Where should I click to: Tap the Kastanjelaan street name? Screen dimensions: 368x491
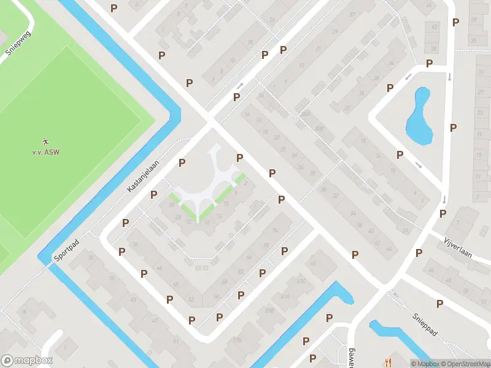(142, 176)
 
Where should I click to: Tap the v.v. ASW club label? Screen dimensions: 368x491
(47, 152)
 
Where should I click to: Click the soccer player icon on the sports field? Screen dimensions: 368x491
(47, 142)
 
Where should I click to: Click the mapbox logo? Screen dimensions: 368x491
(26, 361)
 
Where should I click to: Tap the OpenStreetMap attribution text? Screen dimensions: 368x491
(467, 364)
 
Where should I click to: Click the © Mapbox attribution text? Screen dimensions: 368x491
(426, 364)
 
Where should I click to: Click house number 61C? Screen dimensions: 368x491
(301, 282)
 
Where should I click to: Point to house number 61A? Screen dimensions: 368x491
(285, 296)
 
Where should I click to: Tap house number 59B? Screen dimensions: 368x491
(269, 310)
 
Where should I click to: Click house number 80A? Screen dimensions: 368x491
(305, 114)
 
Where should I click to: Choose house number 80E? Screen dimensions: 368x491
(319, 128)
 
